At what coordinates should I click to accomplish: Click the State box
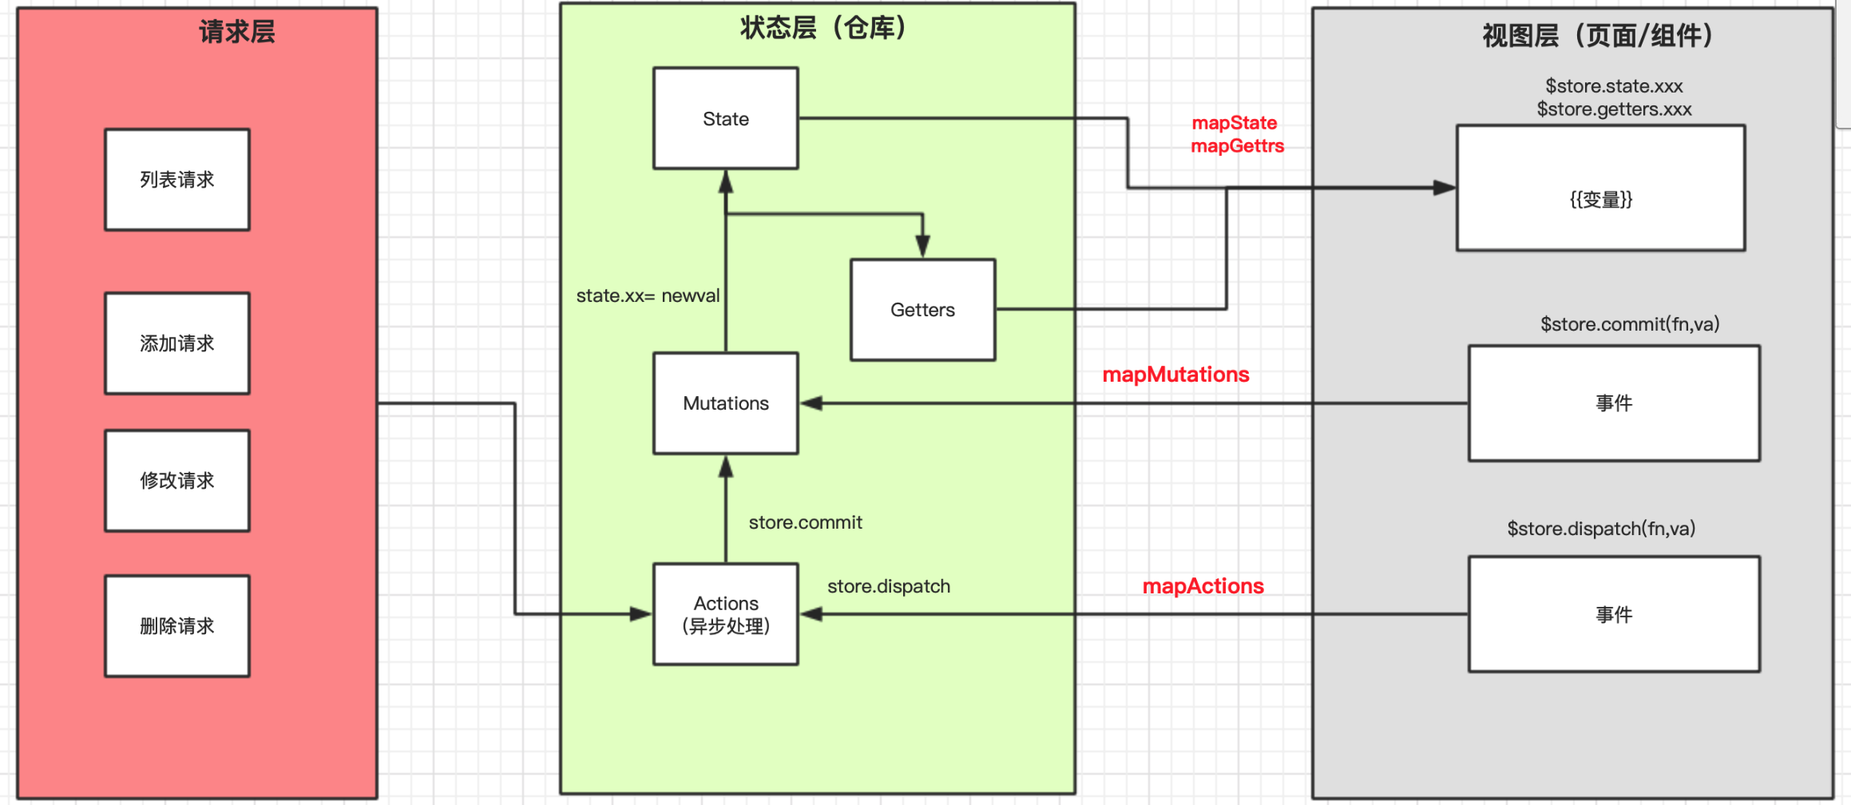pyautogui.click(x=725, y=118)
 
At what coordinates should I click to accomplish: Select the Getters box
pyautogui.click(x=922, y=310)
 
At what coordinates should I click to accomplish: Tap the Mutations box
pyautogui.click(x=725, y=403)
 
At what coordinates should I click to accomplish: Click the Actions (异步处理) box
pyautogui.click(x=725, y=614)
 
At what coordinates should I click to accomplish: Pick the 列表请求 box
pyautogui.click(x=177, y=180)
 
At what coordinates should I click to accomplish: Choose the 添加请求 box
pyautogui.click(x=177, y=343)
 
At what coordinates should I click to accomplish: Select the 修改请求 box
pyautogui.click(x=177, y=481)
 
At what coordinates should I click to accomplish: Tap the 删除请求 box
pyautogui.click(x=177, y=626)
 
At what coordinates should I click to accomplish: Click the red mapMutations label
pyautogui.click(x=1175, y=375)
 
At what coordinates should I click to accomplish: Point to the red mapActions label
pyautogui.click(x=1203, y=586)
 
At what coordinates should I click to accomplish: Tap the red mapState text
pyautogui.click(x=1234, y=123)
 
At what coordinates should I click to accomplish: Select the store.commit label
pyautogui.click(x=805, y=522)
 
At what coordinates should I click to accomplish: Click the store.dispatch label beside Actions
pyautogui.click(x=888, y=586)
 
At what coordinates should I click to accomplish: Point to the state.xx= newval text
pyautogui.click(x=648, y=295)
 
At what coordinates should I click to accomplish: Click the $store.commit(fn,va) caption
pyautogui.click(x=1629, y=324)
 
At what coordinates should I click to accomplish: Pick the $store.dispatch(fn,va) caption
pyautogui.click(x=1601, y=529)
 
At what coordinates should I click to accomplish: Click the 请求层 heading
pyautogui.click(x=236, y=32)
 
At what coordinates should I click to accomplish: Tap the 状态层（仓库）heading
pyautogui.click(x=822, y=28)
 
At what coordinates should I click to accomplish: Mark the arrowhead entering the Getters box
pyautogui.click(x=922, y=247)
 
